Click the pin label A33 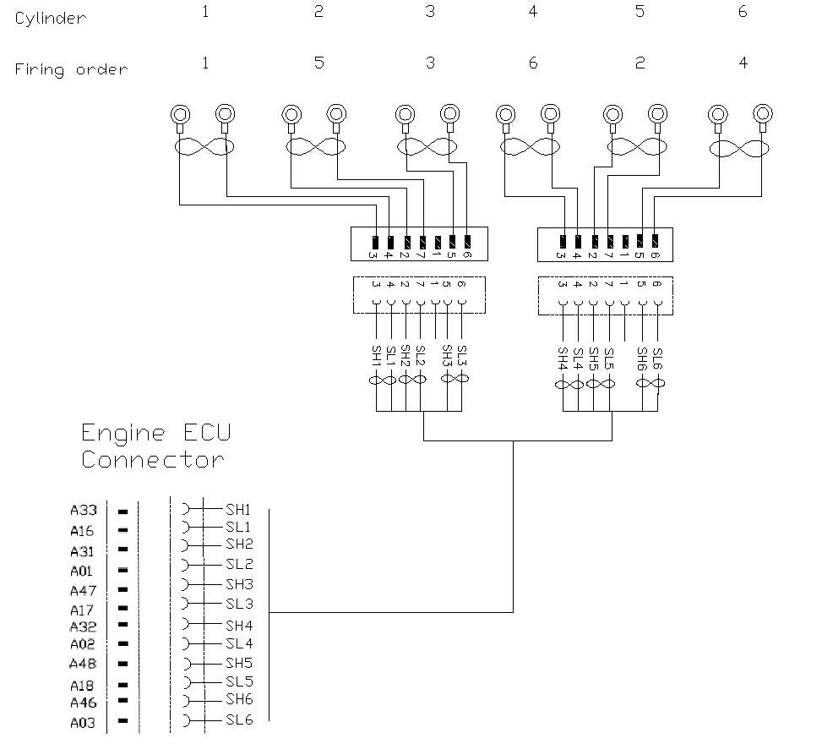tap(84, 511)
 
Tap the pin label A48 tap(84, 664)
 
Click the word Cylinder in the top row tap(50, 18)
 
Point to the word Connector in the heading tap(153, 461)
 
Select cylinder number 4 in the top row tap(533, 13)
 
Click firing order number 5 tap(318, 63)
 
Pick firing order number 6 tap(533, 63)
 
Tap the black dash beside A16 tap(123, 530)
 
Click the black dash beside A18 tap(123, 685)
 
